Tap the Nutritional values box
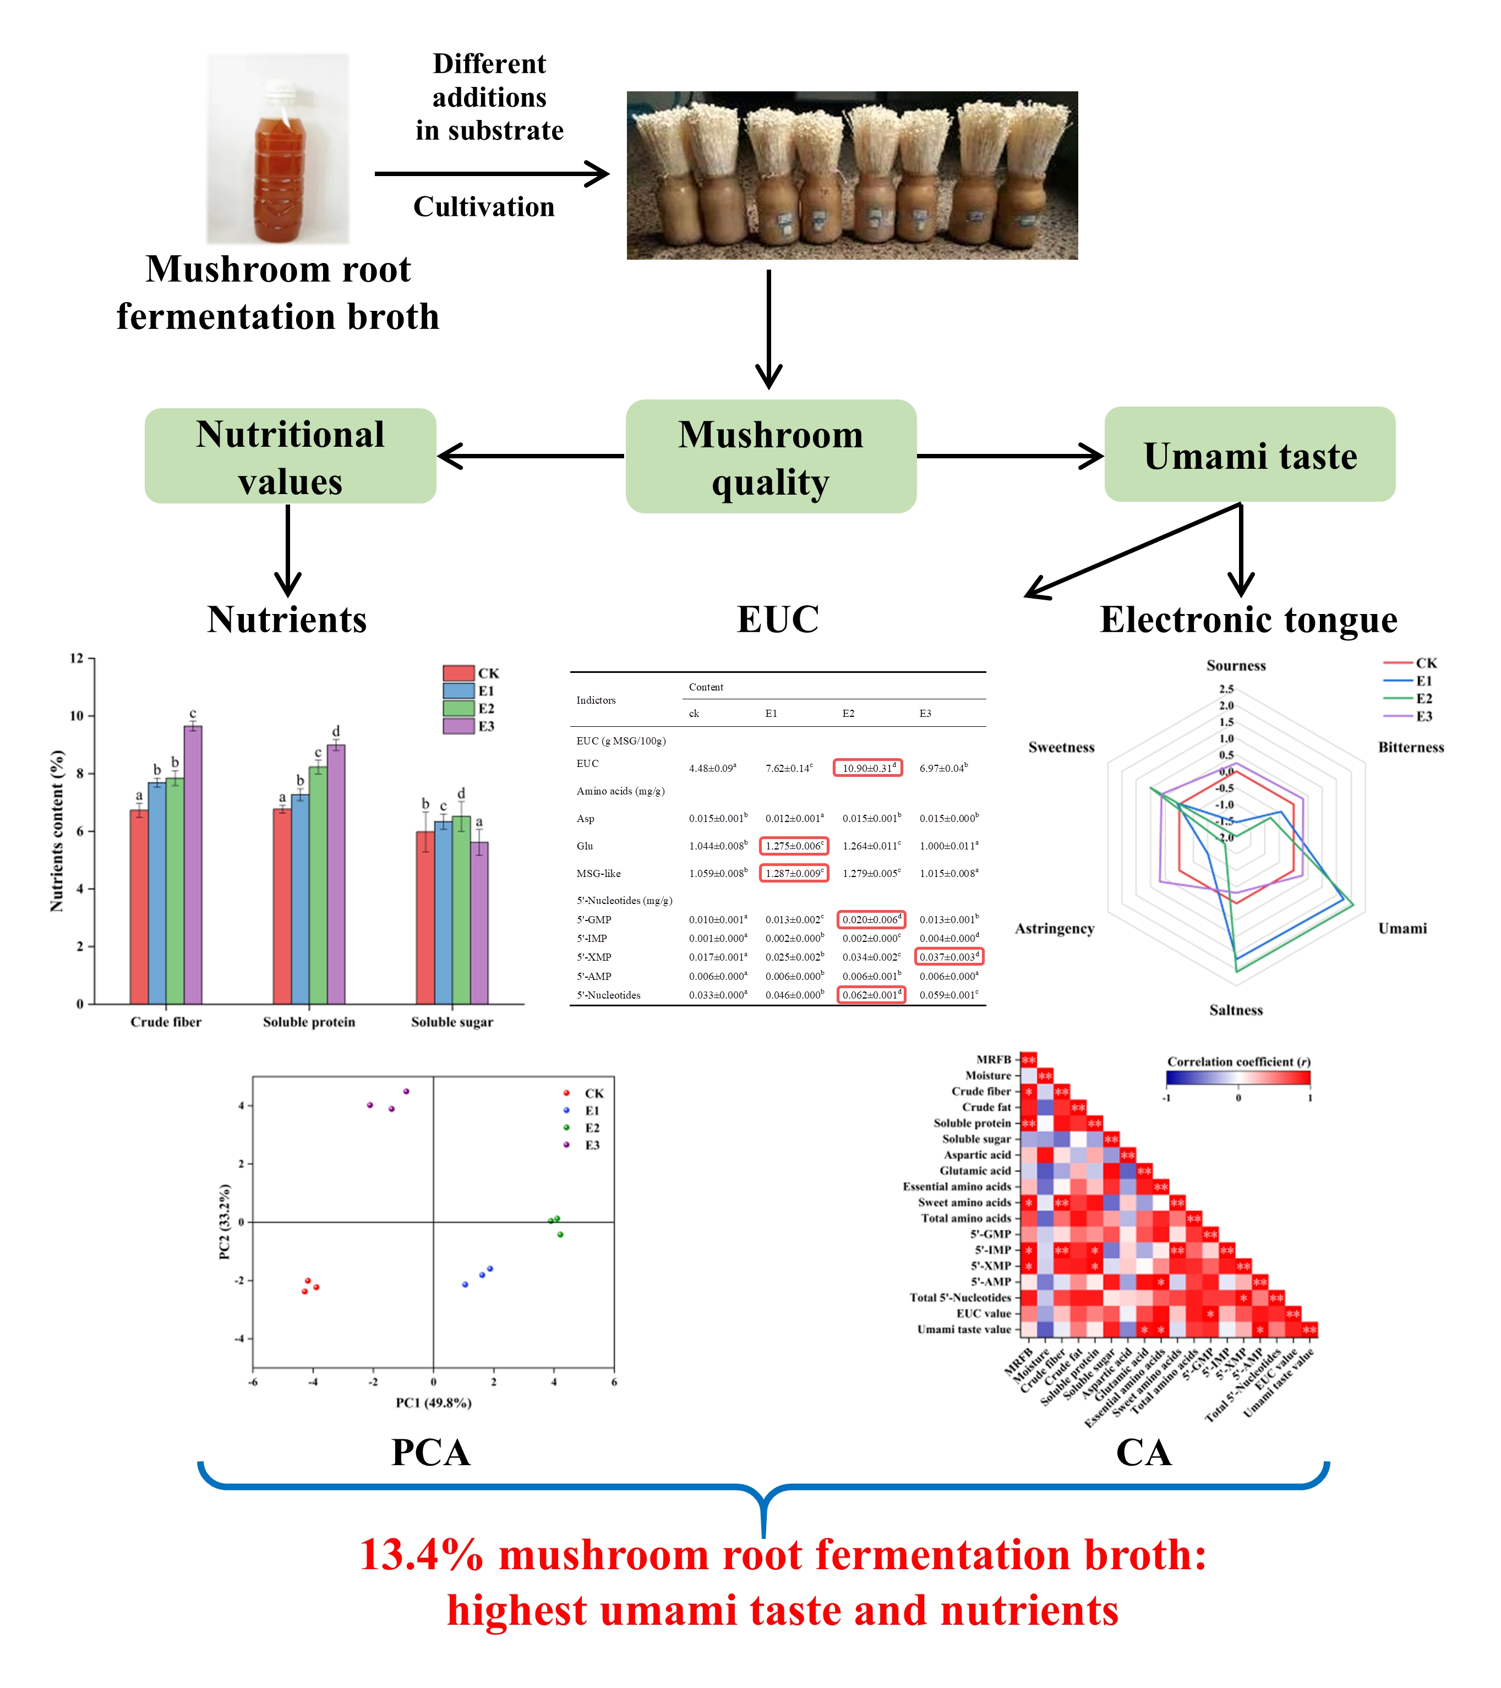[x=290, y=457]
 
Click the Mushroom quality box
[x=770, y=457]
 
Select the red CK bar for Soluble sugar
[x=424, y=917]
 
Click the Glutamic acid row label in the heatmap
[x=975, y=1171]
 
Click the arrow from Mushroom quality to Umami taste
[x=1009, y=456]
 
